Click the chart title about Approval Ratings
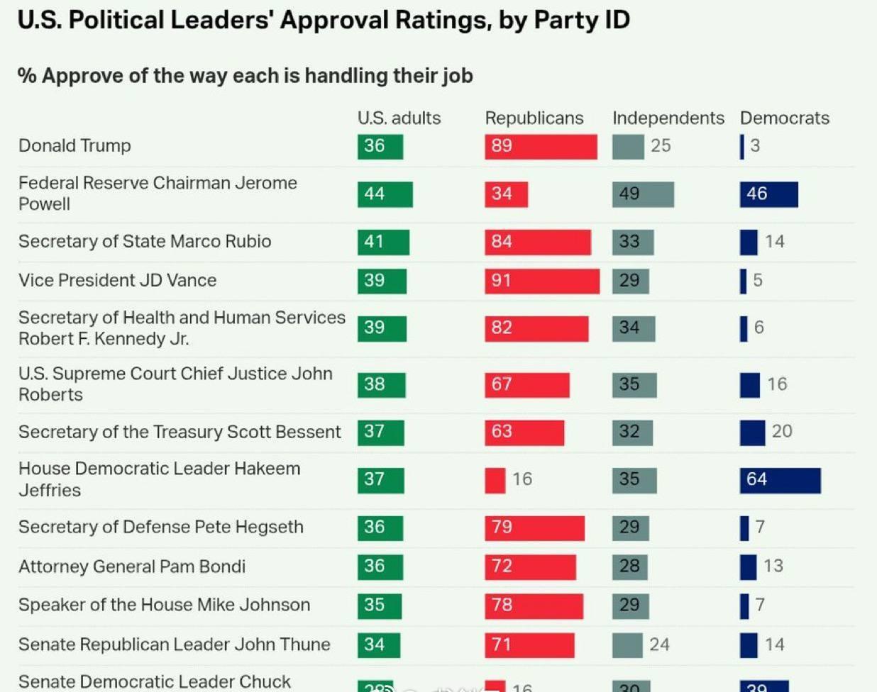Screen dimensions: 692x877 click(x=324, y=20)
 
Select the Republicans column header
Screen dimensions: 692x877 click(x=534, y=118)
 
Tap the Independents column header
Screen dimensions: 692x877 click(x=668, y=118)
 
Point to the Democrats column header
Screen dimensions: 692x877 click(x=784, y=118)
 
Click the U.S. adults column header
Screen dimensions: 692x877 click(x=399, y=118)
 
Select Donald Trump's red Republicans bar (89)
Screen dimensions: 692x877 click(x=541, y=146)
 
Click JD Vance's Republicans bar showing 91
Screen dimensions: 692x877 click(x=542, y=281)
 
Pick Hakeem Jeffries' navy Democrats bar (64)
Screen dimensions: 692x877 click(x=780, y=480)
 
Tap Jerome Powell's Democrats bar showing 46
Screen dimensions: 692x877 click(x=768, y=194)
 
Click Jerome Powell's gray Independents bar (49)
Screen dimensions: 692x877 click(x=643, y=194)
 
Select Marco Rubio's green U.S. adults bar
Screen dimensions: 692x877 click(x=383, y=242)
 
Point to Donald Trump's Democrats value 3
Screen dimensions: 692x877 click(x=755, y=146)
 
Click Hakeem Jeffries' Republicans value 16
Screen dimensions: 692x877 click(x=522, y=479)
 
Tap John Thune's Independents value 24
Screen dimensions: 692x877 click(x=659, y=644)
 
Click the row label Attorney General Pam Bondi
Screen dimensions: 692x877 click(x=132, y=567)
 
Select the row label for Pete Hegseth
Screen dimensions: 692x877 click(x=161, y=527)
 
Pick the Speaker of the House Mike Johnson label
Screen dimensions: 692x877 click(x=164, y=605)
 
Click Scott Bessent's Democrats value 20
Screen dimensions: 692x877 click(x=782, y=431)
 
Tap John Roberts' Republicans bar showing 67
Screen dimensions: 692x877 click(x=526, y=384)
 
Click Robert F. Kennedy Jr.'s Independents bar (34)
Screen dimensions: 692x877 click(x=634, y=328)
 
